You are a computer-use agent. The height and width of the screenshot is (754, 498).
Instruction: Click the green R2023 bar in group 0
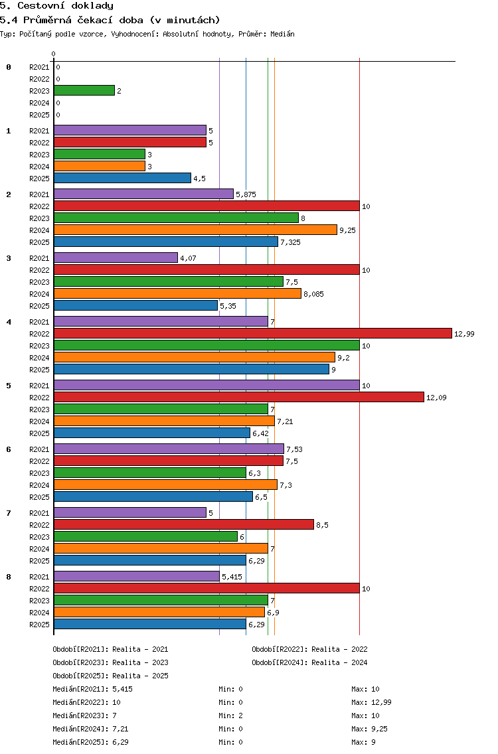click(x=84, y=90)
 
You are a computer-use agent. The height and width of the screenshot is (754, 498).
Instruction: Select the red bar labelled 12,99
click(x=253, y=333)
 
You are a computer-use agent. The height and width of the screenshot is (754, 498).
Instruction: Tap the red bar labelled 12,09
click(x=239, y=397)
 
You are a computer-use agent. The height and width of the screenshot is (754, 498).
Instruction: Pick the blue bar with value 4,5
click(x=123, y=178)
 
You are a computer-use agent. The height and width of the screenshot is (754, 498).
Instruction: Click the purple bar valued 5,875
click(x=144, y=194)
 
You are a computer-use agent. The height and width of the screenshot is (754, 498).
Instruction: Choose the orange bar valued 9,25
click(x=195, y=230)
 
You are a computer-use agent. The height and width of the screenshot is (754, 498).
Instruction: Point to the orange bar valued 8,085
click(x=177, y=293)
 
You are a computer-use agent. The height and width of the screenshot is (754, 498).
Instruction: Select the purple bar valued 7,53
click(x=169, y=449)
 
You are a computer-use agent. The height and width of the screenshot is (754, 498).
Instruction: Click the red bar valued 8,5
click(x=184, y=524)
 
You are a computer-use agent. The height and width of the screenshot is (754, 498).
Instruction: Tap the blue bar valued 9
click(x=191, y=369)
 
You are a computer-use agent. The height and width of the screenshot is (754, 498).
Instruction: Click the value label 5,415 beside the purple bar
click(x=232, y=577)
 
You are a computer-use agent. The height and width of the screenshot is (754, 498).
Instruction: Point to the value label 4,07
click(x=188, y=258)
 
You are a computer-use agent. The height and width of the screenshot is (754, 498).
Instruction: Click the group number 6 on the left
click(x=9, y=449)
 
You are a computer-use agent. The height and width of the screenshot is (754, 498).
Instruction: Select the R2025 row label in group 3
click(x=39, y=306)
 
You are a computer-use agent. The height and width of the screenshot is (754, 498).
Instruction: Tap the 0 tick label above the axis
click(x=53, y=54)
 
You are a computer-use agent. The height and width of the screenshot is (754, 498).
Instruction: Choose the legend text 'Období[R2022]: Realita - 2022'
click(x=309, y=649)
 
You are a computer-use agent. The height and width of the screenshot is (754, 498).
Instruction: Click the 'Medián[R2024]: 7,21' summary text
click(x=90, y=729)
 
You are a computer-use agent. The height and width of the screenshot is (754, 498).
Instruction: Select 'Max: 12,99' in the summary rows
click(x=371, y=702)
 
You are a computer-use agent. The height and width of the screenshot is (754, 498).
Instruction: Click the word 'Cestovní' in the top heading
click(x=41, y=6)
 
